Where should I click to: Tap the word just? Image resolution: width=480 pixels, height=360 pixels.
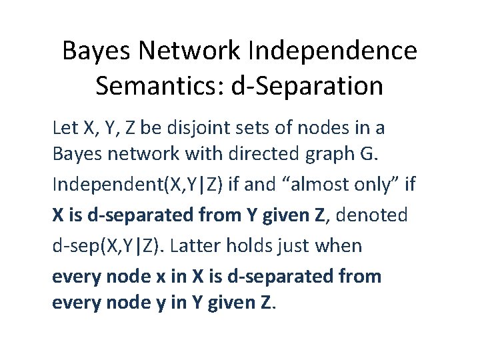(x=296, y=246)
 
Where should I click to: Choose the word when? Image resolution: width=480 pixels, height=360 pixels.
(x=339, y=246)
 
